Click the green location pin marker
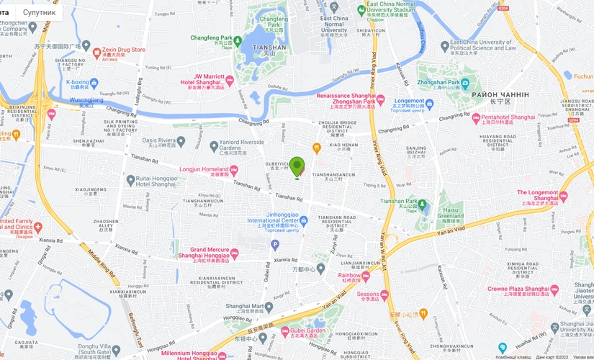(x=297, y=166)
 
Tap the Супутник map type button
(x=38, y=12)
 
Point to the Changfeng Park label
(x=212, y=38)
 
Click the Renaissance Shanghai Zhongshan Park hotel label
(x=346, y=99)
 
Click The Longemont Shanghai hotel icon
(x=563, y=196)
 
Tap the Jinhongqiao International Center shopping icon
(x=304, y=220)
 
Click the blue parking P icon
(x=274, y=245)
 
